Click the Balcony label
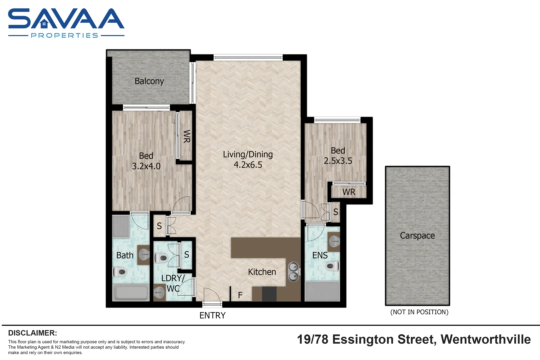coord(149,81)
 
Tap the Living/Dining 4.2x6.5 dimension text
coord(248,165)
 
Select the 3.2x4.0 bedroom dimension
coord(146,166)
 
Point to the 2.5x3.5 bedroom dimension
coord(338,161)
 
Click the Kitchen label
coord(262,272)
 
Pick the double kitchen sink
coord(293,272)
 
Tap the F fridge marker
coord(240,295)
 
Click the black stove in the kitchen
coord(269,294)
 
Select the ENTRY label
coord(212,315)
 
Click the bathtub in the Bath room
coord(131,293)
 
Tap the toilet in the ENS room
coord(332,266)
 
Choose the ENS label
coord(320,255)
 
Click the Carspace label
coord(417,236)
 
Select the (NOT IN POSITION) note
coord(419,312)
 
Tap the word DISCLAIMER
coord(32,333)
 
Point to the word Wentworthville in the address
coord(485,339)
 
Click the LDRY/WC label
coord(173,283)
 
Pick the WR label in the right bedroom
coord(349,192)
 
